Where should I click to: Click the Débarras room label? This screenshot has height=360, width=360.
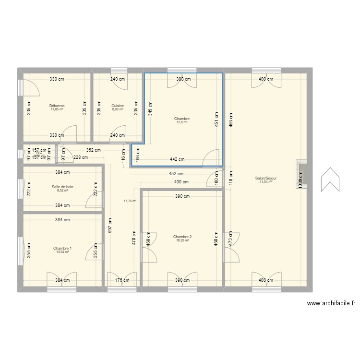[x=57, y=106]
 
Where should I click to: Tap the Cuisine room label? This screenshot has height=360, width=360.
[x=118, y=106]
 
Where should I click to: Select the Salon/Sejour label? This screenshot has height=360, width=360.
[x=266, y=178]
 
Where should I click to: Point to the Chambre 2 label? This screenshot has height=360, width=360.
[x=182, y=237]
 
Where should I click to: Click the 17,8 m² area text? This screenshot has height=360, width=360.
[x=182, y=122]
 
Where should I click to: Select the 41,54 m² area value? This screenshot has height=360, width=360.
[x=266, y=182]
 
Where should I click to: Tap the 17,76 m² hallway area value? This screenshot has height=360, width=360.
[x=130, y=201]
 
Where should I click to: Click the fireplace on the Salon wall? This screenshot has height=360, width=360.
[x=303, y=176]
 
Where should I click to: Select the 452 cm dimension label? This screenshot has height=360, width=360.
[x=176, y=173]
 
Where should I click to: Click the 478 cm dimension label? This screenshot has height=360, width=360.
[x=134, y=238]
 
